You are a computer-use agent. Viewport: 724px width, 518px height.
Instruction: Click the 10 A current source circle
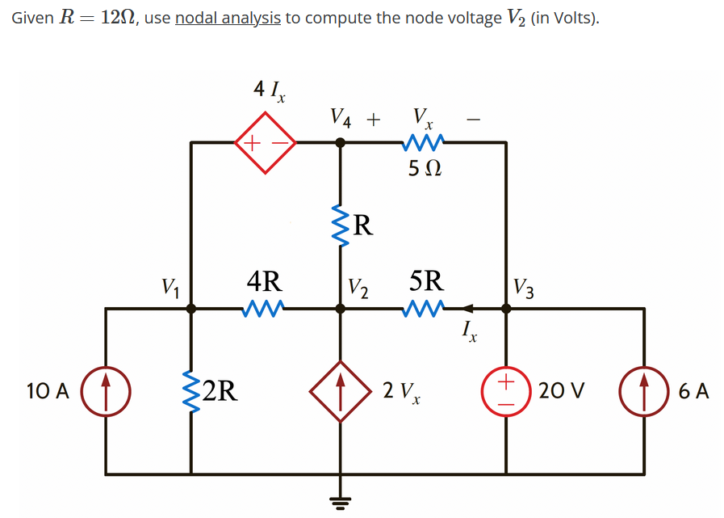click(x=107, y=391)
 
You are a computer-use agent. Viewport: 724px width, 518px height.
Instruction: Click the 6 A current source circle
click(x=644, y=391)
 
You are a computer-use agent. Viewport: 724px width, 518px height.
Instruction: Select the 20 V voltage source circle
click(x=507, y=391)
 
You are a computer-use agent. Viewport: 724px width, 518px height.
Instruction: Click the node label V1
click(x=170, y=286)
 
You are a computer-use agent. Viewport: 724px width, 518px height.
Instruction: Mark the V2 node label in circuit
click(x=358, y=287)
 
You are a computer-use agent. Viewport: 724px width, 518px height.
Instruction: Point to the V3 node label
click(x=523, y=287)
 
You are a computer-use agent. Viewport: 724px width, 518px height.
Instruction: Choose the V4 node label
click(x=341, y=119)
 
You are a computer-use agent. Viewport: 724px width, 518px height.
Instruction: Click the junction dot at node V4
click(x=341, y=143)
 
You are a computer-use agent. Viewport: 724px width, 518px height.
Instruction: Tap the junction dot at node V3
click(x=507, y=308)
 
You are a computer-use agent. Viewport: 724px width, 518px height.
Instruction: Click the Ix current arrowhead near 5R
click(x=468, y=308)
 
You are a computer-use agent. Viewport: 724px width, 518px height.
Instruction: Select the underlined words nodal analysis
click(x=228, y=18)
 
